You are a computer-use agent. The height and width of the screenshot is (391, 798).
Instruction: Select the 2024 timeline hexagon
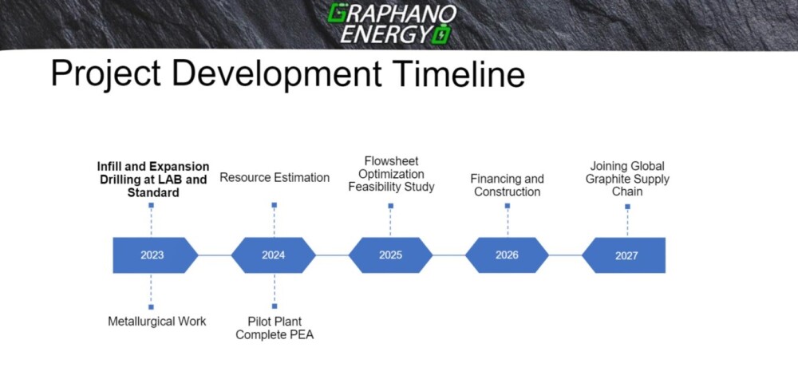click(x=273, y=255)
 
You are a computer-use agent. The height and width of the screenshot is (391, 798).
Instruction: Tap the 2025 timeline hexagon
click(x=390, y=255)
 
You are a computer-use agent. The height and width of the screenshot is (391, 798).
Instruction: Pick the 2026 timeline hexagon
click(x=507, y=255)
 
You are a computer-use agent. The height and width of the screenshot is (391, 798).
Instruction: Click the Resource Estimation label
click(x=275, y=178)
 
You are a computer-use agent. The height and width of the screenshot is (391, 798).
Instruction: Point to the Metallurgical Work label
click(x=156, y=322)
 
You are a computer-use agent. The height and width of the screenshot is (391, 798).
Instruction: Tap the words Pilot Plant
click(x=275, y=322)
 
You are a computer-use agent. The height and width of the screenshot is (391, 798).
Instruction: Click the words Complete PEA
click(x=275, y=335)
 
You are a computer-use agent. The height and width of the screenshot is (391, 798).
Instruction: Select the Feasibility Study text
click(x=391, y=187)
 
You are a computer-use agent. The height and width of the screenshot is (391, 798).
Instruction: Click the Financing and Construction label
click(x=507, y=185)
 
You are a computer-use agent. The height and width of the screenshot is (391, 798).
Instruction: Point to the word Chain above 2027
click(x=627, y=192)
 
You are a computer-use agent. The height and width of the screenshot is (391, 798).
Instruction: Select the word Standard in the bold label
click(x=153, y=193)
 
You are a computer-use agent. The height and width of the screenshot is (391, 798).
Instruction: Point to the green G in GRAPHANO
click(x=337, y=14)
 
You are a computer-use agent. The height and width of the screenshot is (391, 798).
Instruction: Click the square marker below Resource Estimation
click(x=275, y=204)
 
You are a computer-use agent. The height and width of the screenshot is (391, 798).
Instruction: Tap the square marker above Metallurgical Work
click(x=151, y=307)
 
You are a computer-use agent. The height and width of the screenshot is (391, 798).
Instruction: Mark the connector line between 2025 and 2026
click(x=448, y=255)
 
